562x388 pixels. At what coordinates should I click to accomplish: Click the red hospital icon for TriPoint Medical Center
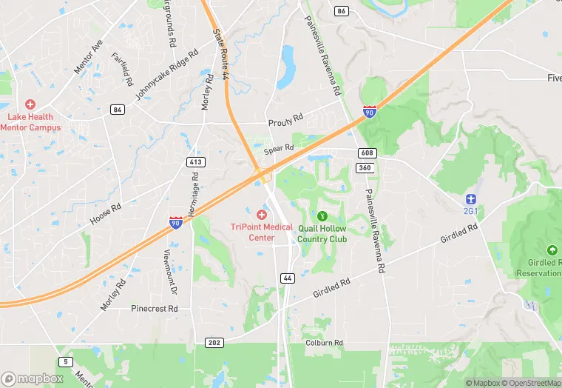(x=262, y=214)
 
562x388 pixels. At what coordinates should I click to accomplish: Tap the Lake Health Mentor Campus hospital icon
(x=30, y=105)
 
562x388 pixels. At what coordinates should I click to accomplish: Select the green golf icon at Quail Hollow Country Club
(x=322, y=216)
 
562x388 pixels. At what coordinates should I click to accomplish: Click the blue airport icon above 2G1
(x=470, y=198)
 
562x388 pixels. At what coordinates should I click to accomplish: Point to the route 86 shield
(x=341, y=11)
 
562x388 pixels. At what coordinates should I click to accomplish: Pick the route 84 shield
(x=118, y=110)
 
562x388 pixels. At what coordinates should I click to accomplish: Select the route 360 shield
(x=364, y=168)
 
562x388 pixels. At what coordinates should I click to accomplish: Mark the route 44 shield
(x=288, y=278)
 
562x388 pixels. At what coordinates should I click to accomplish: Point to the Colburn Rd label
(x=324, y=343)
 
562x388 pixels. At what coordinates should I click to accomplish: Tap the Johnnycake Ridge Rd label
(x=167, y=76)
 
